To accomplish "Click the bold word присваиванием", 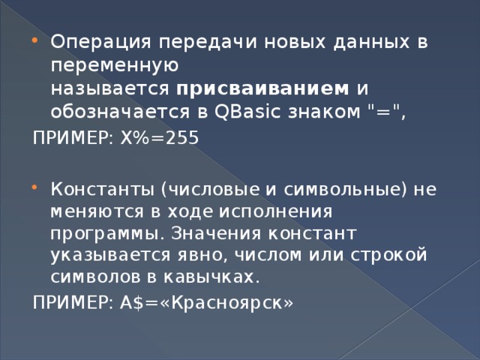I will coord(263,89).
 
